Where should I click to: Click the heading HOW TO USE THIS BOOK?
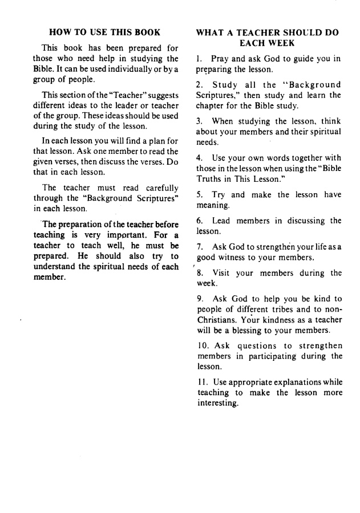pos(104,32)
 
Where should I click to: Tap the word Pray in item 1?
pos(220,59)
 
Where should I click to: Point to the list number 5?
pos(199,194)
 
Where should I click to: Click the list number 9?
pos(199,299)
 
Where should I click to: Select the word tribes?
pos(282,310)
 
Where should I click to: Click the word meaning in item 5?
pos(213,205)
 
